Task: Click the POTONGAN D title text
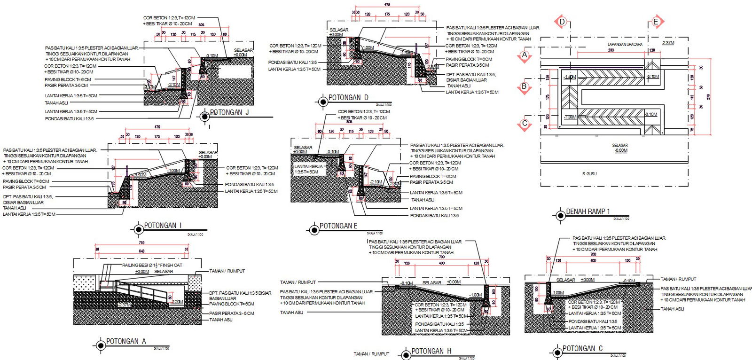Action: click(x=348, y=98)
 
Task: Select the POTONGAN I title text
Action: click(x=163, y=226)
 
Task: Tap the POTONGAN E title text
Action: click(x=338, y=226)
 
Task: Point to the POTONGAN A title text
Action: click(x=125, y=342)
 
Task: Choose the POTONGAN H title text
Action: click(x=431, y=351)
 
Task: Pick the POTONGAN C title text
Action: click(x=582, y=349)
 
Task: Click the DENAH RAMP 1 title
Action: click(x=587, y=211)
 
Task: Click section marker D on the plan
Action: click(x=562, y=22)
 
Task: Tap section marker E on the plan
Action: click(x=656, y=22)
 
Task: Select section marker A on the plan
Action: click(x=525, y=55)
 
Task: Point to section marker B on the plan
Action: click(x=525, y=86)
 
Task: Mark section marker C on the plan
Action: click(x=525, y=124)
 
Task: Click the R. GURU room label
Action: click(x=589, y=174)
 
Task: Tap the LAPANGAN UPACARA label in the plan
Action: click(x=625, y=45)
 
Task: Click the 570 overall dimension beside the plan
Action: click(x=708, y=97)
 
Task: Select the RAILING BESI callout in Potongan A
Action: click(x=152, y=266)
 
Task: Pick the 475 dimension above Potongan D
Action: click(x=387, y=5)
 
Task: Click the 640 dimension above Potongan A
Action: click(x=141, y=251)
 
